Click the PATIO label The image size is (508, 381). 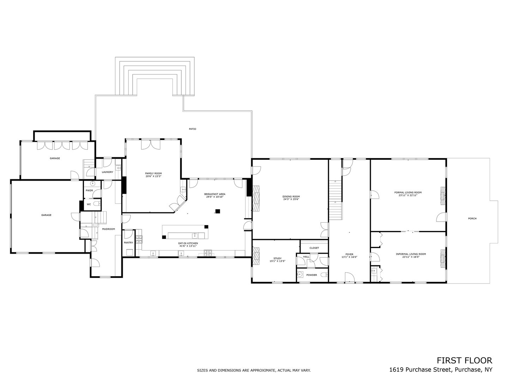tap(192, 129)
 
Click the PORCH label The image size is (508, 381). tap(472, 219)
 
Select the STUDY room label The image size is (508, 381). tap(277, 259)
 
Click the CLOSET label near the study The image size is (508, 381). tap(314, 248)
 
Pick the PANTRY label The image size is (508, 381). tap(128, 243)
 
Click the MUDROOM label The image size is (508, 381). tap(108, 229)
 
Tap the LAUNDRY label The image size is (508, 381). tap(107, 172)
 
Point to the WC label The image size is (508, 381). tap(89, 204)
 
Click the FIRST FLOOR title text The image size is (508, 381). tap(464, 360)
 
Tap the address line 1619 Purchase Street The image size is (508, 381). tap(441, 370)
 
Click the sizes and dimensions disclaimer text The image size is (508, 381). tap(253, 370)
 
